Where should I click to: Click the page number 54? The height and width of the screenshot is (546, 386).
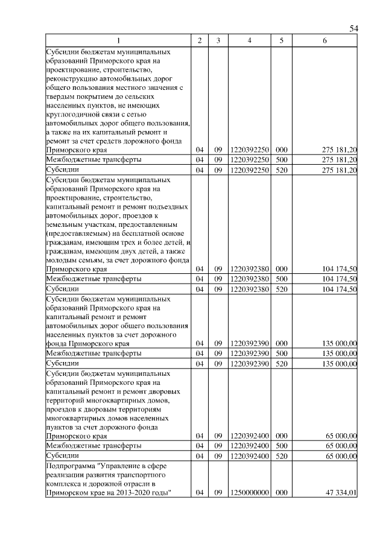tap(354, 29)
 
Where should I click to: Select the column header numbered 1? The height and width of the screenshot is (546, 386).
tap(118, 40)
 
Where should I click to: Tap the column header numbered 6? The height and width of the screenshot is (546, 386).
tap(324, 40)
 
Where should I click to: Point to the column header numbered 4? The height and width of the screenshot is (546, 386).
tap(249, 40)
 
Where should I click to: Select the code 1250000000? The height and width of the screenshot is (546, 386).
tap(249, 493)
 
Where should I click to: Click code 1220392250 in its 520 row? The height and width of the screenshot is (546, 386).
tap(249, 171)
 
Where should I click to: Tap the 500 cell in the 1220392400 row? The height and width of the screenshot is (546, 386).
tap(280, 445)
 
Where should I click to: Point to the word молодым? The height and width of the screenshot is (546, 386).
tap(59, 259)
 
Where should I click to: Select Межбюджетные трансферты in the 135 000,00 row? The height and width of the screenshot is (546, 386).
tap(93, 353)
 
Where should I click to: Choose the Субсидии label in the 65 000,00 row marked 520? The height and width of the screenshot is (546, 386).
tap(59, 456)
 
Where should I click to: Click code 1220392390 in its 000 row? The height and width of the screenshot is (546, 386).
tap(249, 343)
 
